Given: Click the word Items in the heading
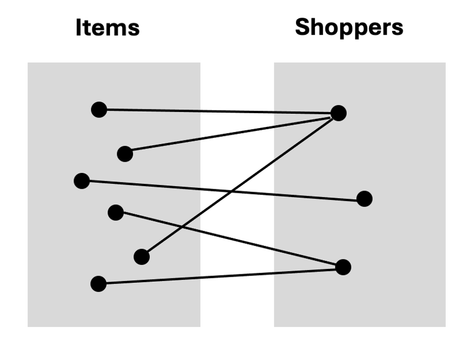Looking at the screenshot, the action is click(x=107, y=28).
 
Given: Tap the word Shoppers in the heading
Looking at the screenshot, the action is click(x=349, y=27).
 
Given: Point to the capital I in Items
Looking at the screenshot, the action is click(x=79, y=28).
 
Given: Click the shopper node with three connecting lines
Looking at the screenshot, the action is click(x=338, y=113).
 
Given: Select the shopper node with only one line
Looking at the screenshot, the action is click(x=364, y=199).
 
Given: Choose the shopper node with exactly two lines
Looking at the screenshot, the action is click(x=343, y=267).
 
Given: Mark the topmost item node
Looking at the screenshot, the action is click(x=99, y=109).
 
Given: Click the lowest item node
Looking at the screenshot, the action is click(x=98, y=284).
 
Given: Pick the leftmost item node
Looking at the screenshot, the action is click(x=82, y=181).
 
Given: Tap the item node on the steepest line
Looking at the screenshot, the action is click(x=141, y=257).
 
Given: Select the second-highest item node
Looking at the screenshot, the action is click(x=125, y=154).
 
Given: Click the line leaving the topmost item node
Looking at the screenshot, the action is click(x=221, y=112).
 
